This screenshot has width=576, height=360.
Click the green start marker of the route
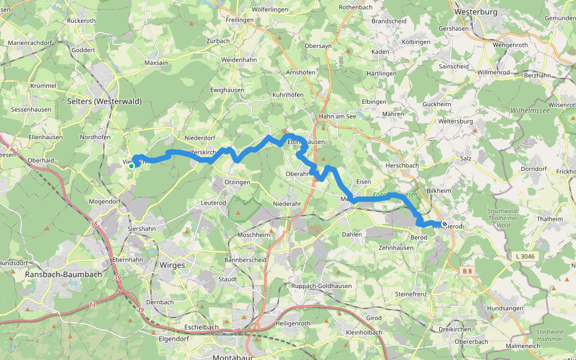point(131,166)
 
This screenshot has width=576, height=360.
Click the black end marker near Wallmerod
point(444,224)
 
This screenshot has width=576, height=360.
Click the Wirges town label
point(172,265)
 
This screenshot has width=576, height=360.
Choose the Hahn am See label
point(338,116)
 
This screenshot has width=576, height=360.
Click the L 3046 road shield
point(524,256)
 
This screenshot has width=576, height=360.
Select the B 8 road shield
point(466,272)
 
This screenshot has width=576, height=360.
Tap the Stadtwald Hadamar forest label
point(550,334)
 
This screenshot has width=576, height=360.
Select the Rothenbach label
point(356,7)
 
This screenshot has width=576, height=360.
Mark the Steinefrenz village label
point(411,295)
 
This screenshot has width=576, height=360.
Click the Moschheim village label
point(254,235)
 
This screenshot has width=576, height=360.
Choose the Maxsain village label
point(156,62)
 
